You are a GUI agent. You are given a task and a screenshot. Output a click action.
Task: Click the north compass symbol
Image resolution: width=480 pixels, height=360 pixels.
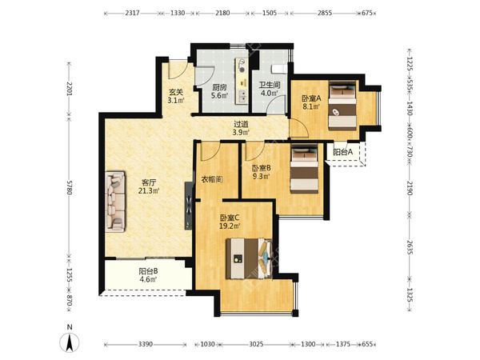(70, 342)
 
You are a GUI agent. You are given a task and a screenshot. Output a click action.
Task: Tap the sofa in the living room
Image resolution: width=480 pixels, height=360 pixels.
(115, 202)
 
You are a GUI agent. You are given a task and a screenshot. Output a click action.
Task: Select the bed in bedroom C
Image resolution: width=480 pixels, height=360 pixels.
(249, 258)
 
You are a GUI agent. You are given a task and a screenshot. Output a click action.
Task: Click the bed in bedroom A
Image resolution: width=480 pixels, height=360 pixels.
(342, 105)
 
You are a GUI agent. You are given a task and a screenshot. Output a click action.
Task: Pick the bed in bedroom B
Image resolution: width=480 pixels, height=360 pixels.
(304, 169)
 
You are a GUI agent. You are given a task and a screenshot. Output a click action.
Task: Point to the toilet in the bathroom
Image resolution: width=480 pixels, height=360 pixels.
(279, 69)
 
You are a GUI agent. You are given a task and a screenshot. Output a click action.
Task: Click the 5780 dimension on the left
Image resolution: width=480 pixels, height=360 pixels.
(69, 187)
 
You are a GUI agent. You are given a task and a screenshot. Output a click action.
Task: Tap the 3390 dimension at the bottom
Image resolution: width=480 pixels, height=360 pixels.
(145, 344)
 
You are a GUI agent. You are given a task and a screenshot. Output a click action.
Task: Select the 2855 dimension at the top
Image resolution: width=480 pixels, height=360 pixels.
(325, 13)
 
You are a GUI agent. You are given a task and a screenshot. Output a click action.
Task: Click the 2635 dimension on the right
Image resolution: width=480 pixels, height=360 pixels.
(410, 247)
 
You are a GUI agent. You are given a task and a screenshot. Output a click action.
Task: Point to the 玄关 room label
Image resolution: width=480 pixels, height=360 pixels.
(176, 92)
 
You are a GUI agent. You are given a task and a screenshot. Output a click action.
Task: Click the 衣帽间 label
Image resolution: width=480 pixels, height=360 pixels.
(212, 179)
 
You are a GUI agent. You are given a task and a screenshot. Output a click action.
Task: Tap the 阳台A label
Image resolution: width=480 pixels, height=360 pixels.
(343, 152)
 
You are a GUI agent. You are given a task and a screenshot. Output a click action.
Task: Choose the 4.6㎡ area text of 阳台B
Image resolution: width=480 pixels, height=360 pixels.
(149, 279)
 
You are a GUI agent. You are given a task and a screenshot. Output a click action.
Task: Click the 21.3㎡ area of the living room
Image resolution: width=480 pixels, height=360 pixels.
(149, 190)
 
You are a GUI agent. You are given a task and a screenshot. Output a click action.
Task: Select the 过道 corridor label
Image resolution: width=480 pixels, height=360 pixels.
(241, 124)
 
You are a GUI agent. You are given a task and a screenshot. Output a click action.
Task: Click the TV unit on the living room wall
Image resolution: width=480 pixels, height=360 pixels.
(189, 206)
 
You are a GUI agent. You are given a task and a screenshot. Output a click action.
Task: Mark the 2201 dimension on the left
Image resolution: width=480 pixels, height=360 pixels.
(69, 89)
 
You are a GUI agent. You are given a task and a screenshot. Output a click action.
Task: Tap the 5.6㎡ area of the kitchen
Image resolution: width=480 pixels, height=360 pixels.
(220, 95)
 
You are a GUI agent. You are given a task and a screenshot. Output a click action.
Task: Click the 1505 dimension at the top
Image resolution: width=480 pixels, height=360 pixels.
(270, 13)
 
